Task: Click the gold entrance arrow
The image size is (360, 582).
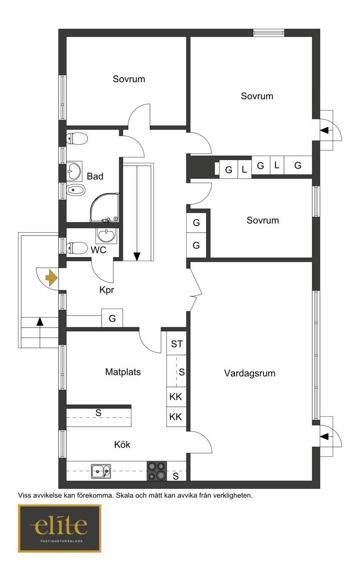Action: (x=51, y=278)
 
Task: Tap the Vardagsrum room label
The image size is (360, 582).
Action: (x=250, y=373)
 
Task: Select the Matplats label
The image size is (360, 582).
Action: (x=123, y=372)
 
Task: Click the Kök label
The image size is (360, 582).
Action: (x=122, y=445)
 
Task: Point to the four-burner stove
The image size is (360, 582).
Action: (x=157, y=471)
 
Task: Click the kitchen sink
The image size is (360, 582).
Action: (x=101, y=471)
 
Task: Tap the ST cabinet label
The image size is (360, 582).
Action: (x=177, y=344)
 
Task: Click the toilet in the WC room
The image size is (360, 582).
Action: (x=77, y=248)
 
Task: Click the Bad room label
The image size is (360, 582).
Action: (x=95, y=176)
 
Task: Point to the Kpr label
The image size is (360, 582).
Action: (x=107, y=290)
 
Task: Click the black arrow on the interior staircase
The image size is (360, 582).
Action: (x=137, y=257)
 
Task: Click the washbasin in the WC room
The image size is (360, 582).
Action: (x=106, y=235)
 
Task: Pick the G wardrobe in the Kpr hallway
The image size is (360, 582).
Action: (x=112, y=318)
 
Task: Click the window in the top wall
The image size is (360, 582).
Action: (x=269, y=33)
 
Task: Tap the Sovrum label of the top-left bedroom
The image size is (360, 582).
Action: (x=129, y=79)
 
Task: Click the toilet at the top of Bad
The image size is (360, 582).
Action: (x=77, y=139)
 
